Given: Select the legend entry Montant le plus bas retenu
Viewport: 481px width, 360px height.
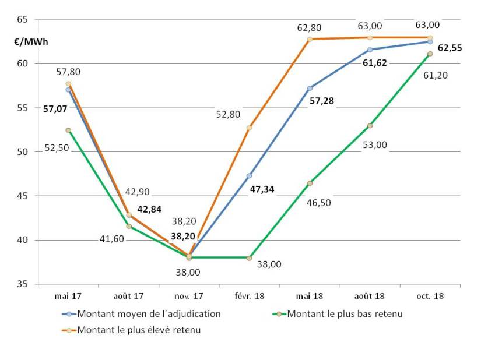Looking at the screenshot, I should coord(346,313).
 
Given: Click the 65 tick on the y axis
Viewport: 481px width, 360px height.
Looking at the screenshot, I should coord(23,20).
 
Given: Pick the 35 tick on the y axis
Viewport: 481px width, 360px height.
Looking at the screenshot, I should coord(23,284).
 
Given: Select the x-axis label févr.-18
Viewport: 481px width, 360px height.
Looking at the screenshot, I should coord(249,296).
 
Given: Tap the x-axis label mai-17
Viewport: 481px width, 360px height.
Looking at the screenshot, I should coord(68,296).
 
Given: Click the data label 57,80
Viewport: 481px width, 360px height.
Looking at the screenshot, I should coord(68,72).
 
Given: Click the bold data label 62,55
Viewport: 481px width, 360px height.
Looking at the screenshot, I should coord(450,48).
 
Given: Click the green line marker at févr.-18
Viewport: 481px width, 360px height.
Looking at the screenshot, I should coord(249,257).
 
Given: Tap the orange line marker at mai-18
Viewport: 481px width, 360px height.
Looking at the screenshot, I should coord(310,39).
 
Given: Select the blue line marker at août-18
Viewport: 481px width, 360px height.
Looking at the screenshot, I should coord(370,50).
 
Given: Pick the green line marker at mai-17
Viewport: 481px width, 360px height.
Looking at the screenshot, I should coord(68,130).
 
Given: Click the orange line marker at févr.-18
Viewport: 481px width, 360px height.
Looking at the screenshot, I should coord(249,128).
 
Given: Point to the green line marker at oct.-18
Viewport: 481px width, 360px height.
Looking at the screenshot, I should coord(430,54).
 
